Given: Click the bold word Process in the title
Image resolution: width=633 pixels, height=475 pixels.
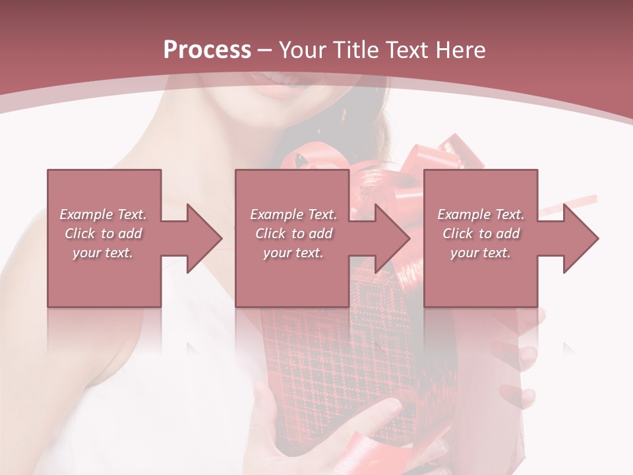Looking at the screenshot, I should [207, 50].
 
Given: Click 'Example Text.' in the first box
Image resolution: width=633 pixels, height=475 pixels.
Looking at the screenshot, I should [103, 214].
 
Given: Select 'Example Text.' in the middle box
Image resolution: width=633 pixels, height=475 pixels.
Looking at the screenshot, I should [293, 214].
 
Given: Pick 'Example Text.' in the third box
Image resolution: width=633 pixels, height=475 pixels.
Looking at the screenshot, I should [481, 214].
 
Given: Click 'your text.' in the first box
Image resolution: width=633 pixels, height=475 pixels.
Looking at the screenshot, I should [103, 253].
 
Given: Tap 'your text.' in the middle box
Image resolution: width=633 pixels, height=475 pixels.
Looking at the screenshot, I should [293, 253].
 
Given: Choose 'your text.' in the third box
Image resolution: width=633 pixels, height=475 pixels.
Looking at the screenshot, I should [481, 253].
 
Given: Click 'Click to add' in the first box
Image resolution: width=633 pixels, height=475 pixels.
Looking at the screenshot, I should [103, 234].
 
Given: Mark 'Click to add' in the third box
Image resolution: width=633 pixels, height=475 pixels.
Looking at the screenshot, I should [481, 234].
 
